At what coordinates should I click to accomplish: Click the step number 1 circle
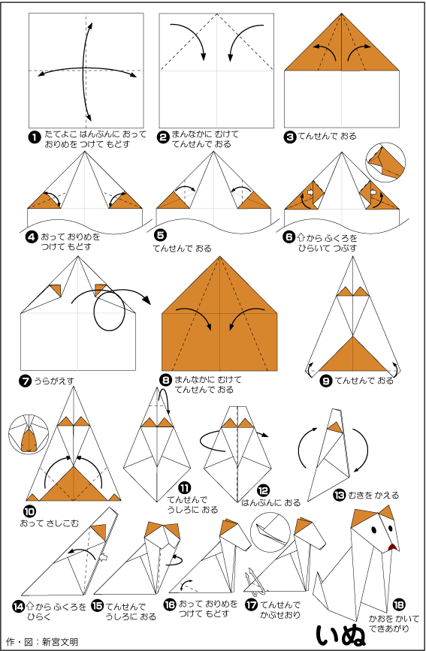coord(34,137)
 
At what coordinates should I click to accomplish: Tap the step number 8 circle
coord(166,379)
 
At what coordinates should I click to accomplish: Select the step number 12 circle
coord(264,491)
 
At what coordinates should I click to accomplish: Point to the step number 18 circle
coord(398,605)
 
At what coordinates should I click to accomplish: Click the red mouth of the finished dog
coord(392,548)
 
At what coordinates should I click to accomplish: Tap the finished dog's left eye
coord(373,530)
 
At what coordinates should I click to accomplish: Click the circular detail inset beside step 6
coord(385,162)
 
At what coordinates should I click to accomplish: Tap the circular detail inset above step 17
coord(270,532)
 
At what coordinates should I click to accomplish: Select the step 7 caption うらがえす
coord(54,380)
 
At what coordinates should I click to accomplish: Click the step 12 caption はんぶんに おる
coord(271,503)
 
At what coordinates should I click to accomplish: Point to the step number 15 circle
coord(97,606)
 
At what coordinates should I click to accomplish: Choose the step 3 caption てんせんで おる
coord(327,136)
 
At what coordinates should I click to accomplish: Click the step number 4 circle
coord(32,237)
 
